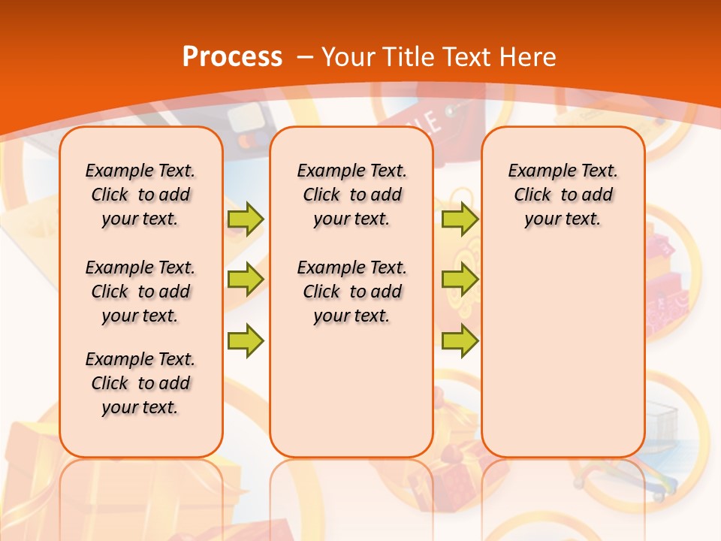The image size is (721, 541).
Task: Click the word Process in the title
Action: (232, 56)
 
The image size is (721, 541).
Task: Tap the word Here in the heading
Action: (529, 56)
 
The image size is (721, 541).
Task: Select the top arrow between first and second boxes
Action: (246, 219)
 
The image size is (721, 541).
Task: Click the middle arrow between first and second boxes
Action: (246, 280)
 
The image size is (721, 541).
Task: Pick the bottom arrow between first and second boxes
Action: (246, 340)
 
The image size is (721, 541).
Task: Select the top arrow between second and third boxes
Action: (460, 219)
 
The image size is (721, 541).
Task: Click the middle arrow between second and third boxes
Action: (460, 280)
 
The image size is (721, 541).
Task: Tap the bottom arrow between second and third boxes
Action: (460, 340)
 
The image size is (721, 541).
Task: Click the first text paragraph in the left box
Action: (140, 195)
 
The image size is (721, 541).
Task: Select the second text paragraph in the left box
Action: (140, 292)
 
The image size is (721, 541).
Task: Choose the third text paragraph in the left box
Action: (140, 383)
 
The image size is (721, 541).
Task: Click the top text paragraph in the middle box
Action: (351, 195)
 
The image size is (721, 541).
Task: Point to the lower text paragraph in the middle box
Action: (351, 292)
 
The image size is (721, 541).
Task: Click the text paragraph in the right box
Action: (563, 195)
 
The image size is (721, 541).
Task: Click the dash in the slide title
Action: (305, 56)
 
